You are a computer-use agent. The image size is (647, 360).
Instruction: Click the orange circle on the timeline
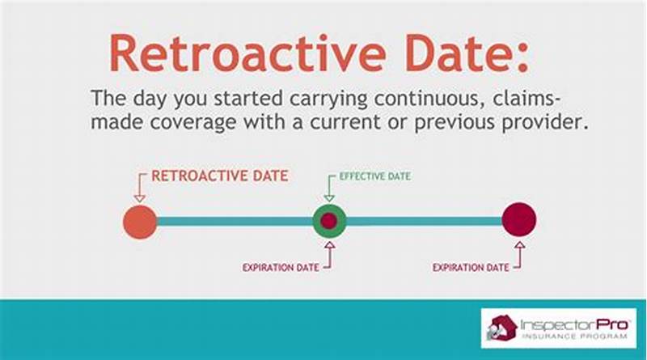[x=140, y=221]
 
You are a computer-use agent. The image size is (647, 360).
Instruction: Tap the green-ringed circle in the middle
[x=330, y=220]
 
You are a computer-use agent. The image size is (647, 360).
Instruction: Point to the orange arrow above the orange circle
[x=139, y=187]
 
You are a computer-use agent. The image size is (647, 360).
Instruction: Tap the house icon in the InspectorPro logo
[x=501, y=328]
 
